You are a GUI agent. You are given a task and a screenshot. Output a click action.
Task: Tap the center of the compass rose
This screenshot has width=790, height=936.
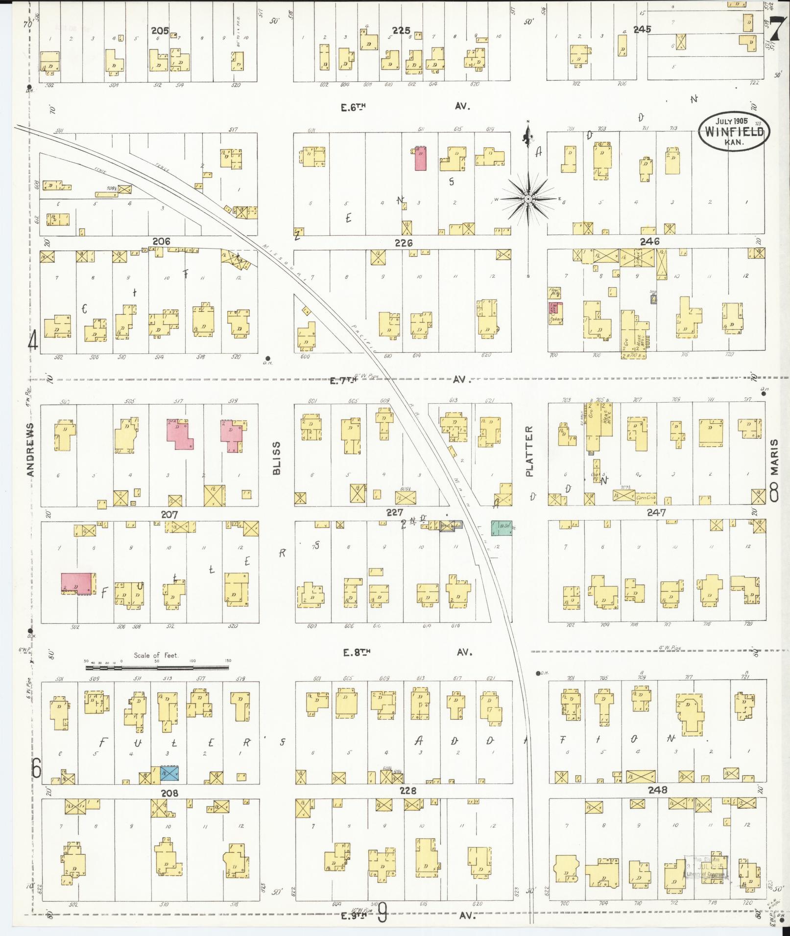point(528,200)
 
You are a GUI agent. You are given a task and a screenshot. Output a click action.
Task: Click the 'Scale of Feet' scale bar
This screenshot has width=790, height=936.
point(157,667)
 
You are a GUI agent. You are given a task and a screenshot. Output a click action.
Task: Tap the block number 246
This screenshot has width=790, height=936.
point(649,241)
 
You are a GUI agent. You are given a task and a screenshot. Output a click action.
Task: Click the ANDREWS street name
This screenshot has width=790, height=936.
point(30,450)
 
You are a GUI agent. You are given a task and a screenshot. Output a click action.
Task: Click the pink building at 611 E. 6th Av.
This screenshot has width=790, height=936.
point(420,159)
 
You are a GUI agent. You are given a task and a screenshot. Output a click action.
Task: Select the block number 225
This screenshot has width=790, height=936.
point(401,30)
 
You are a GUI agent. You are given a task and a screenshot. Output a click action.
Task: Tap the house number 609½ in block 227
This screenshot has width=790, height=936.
point(405,490)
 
